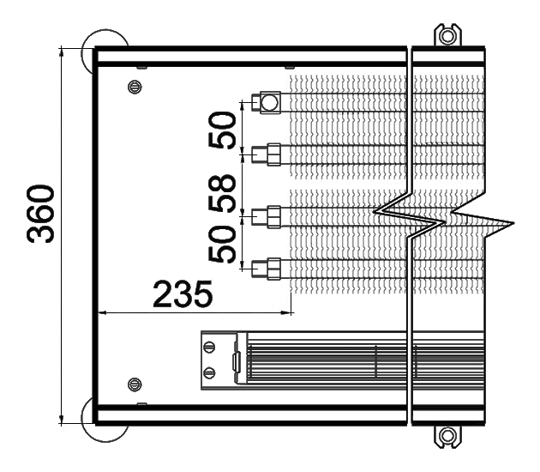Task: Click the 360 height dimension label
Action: pos(40,214)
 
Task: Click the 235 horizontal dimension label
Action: pos(183,294)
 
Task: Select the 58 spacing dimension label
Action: pos(222,193)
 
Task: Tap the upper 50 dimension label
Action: pos(222,130)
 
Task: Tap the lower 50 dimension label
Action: pos(222,244)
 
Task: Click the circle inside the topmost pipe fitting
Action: pos(270,102)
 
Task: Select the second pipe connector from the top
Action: pos(267,154)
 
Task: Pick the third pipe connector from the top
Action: pos(267,217)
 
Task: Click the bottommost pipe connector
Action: pos(267,269)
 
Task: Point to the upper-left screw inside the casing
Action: pos(135,87)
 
